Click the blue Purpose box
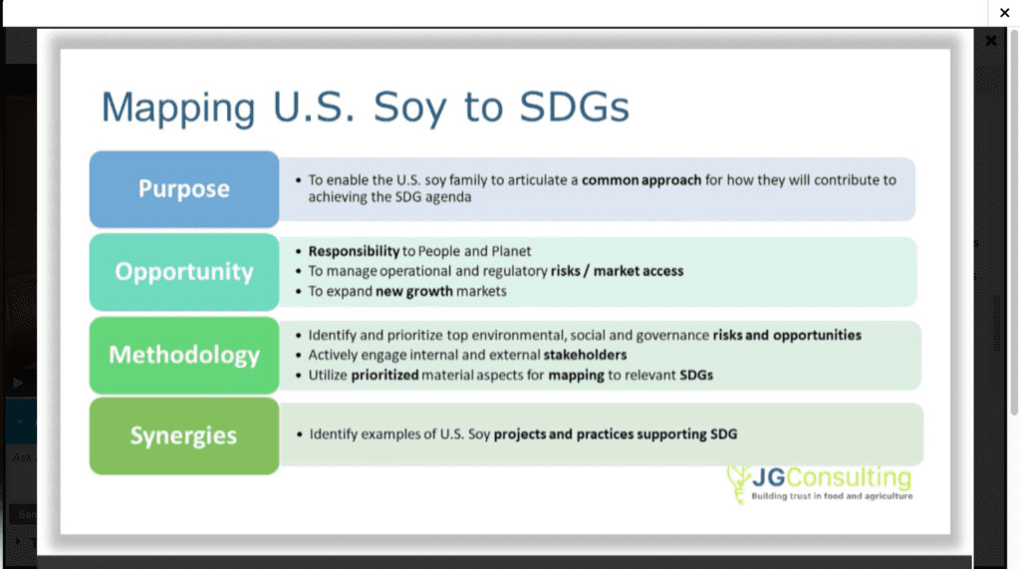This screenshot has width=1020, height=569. click(184, 188)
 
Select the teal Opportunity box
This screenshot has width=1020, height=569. click(184, 271)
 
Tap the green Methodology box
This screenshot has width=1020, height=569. click(184, 355)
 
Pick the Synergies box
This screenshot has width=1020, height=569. click(184, 435)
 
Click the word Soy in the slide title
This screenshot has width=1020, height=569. click(409, 108)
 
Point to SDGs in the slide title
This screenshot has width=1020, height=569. click(575, 107)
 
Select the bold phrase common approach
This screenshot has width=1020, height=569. click(641, 180)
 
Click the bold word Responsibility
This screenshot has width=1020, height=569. click(354, 251)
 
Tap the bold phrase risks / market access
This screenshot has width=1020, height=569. click(618, 271)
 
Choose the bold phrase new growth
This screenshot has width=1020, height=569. click(413, 291)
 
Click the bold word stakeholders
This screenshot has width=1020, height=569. click(585, 355)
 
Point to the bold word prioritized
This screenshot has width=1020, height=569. click(385, 375)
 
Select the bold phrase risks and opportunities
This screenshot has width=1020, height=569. click(787, 335)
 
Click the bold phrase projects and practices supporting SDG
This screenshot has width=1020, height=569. click(616, 434)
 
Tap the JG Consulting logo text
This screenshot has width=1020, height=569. click(832, 478)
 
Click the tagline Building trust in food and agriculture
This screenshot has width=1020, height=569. click(832, 496)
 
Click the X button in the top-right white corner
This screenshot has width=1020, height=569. click(1004, 12)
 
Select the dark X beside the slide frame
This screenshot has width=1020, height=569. click(991, 41)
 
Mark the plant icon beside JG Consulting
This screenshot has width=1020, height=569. click(738, 483)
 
